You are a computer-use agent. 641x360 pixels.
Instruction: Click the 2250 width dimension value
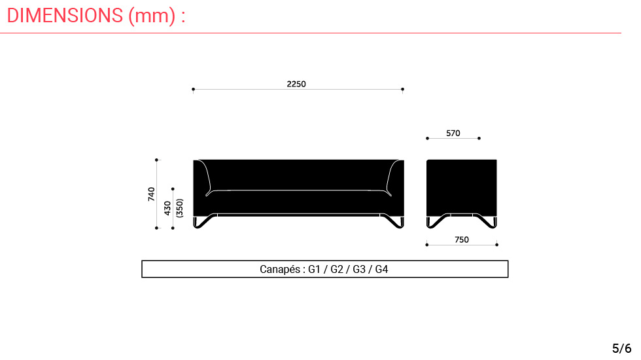(296, 84)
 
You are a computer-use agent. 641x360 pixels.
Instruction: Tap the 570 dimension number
(453, 134)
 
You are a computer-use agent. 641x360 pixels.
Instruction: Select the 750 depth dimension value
(462, 240)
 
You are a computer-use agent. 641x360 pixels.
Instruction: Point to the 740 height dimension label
(152, 194)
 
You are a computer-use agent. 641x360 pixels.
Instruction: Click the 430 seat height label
(167, 208)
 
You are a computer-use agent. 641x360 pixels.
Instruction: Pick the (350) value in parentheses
(179, 208)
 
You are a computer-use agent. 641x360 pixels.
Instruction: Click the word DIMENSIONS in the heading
(65, 16)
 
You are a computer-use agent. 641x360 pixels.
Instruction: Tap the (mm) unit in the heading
(152, 16)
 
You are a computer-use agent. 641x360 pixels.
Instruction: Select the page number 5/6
(622, 348)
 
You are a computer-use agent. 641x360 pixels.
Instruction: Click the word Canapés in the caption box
(280, 270)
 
